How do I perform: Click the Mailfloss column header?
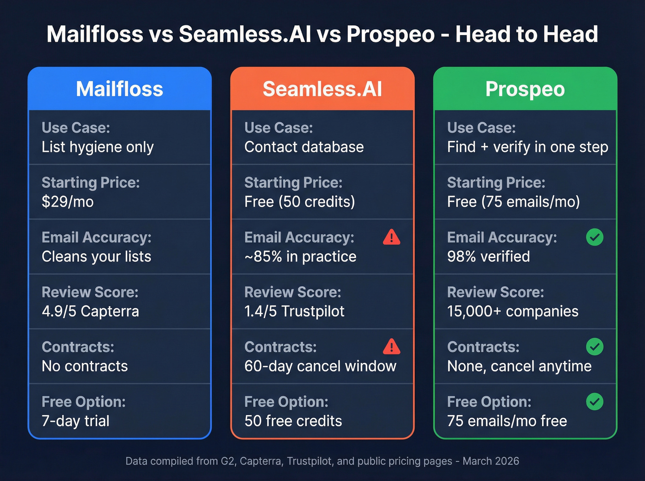pos(119,89)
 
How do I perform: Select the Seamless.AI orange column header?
pos(322,89)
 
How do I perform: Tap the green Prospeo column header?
pos(525,89)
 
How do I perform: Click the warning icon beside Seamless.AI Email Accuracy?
pos(392,237)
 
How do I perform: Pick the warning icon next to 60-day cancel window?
pos(392,347)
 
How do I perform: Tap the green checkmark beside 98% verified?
pos(594,237)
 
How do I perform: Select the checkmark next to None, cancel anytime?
pos(594,347)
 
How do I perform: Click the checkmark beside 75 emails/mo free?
pos(594,401)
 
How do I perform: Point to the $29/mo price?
pos(68,202)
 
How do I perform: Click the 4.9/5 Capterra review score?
pos(90,311)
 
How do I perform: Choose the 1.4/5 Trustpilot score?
pos(294,311)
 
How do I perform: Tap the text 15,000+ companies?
pos(513,311)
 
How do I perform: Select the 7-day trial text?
pos(76,421)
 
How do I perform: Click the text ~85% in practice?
pos(300,256)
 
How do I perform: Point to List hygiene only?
pos(98,147)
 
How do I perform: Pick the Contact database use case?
pos(304,147)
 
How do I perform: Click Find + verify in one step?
pos(528,147)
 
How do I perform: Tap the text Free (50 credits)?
pos(299,202)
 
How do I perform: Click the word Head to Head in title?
pos(527,34)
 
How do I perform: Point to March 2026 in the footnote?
pos(491,461)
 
